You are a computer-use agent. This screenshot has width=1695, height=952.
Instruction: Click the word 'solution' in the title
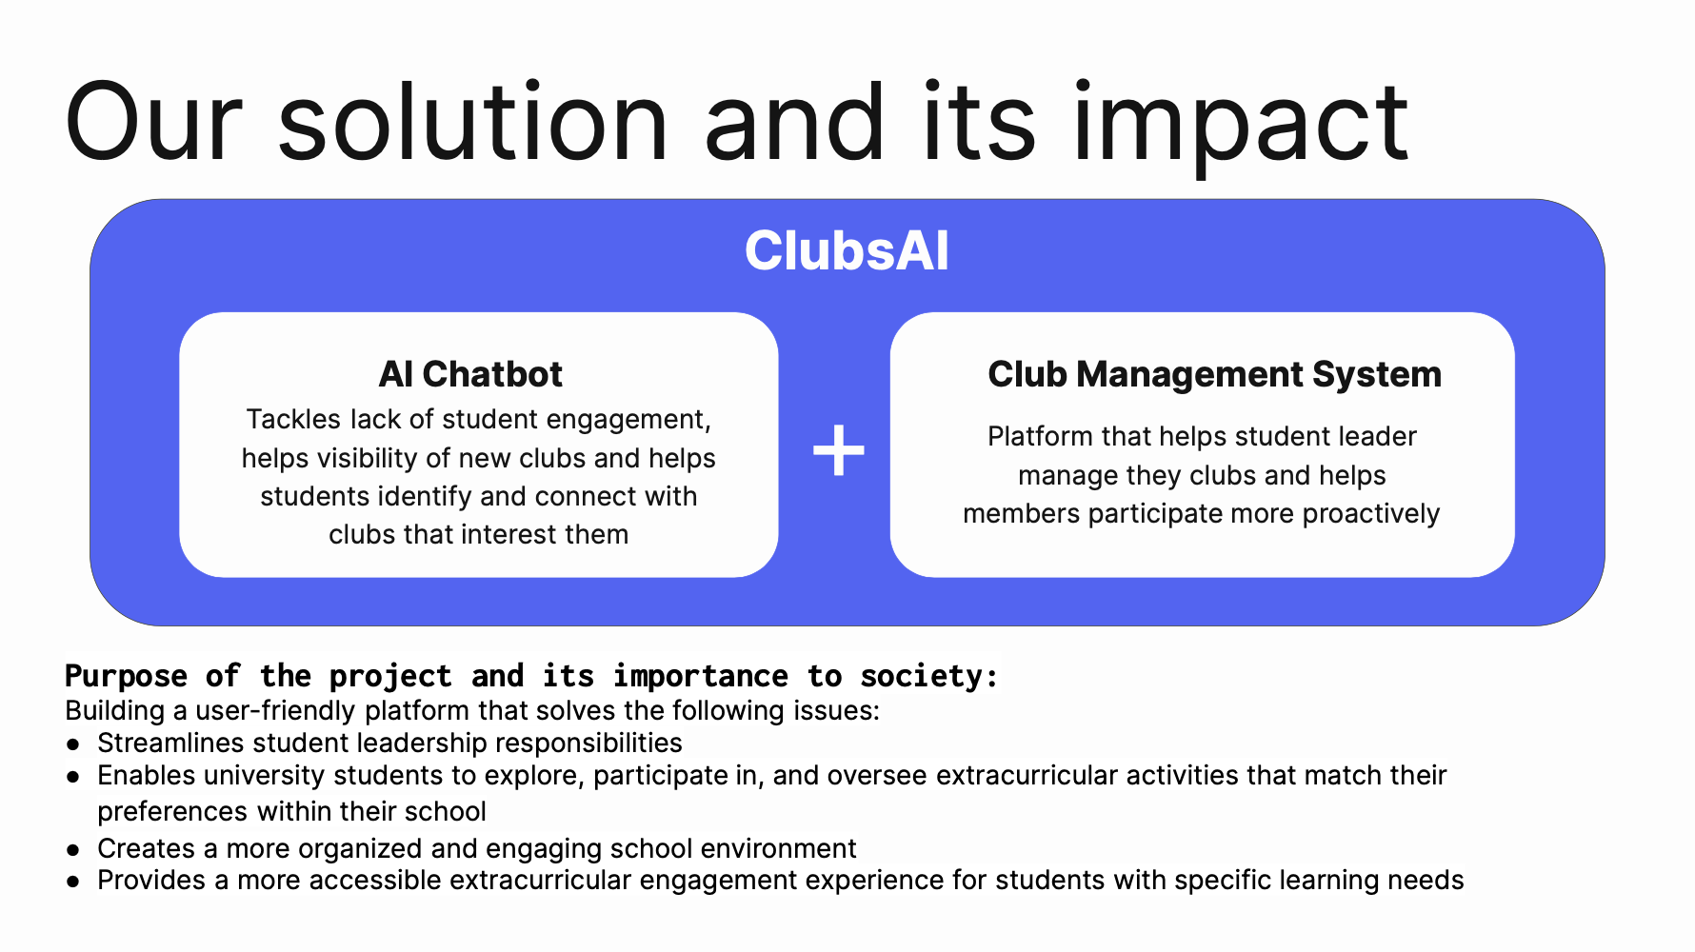pyautogui.click(x=473, y=124)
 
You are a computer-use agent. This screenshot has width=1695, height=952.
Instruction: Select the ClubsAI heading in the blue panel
pyautogui.click(x=847, y=251)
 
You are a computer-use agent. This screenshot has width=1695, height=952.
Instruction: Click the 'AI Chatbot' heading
pyautogui.click(x=470, y=374)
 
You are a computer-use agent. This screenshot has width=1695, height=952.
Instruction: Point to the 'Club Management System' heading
pyautogui.click(x=1214, y=374)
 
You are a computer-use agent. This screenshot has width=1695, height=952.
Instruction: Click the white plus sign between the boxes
pyautogui.click(x=839, y=450)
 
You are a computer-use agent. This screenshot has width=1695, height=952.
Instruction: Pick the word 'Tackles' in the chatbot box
pyautogui.click(x=293, y=420)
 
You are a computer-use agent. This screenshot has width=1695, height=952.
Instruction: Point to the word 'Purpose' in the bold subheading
pyautogui.click(x=126, y=676)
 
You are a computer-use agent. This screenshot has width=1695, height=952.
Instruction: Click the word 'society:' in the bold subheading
pyautogui.click(x=928, y=676)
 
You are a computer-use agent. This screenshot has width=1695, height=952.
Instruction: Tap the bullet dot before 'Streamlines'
pyautogui.click(x=73, y=744)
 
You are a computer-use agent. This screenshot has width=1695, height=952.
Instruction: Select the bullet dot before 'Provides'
pyautogui.click(x=73, y=882)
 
